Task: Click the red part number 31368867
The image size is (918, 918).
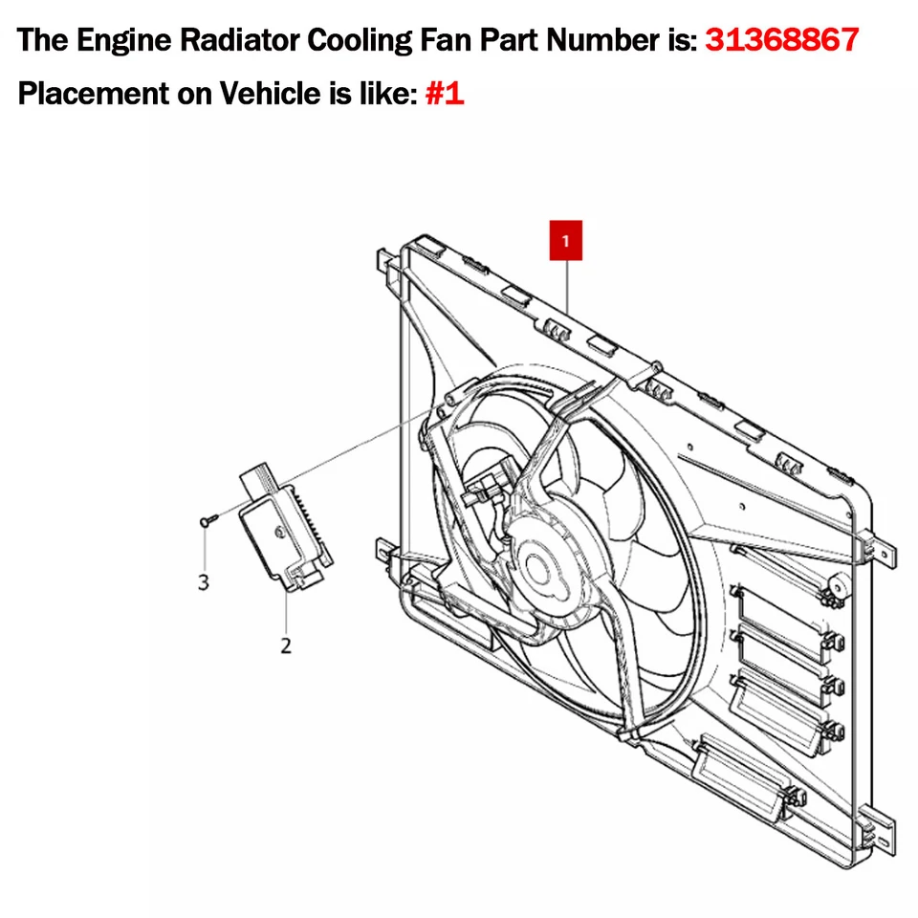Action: click(x=781, y=40)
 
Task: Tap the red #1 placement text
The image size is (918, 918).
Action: click(x=444, y=95)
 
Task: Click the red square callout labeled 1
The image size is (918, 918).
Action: click(x=566, y=242)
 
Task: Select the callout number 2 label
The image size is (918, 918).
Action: click(x=286, y=645)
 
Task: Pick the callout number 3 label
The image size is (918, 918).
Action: click(x=203, y=581)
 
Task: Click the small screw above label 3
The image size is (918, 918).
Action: click(x=208, y=520)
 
